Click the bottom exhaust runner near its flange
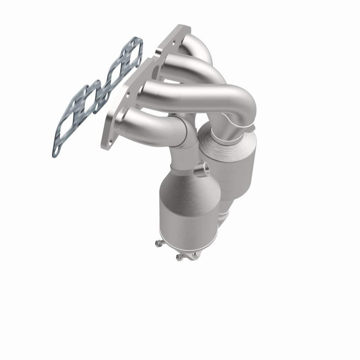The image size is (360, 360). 135,121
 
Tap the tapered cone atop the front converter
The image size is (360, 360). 180,180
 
